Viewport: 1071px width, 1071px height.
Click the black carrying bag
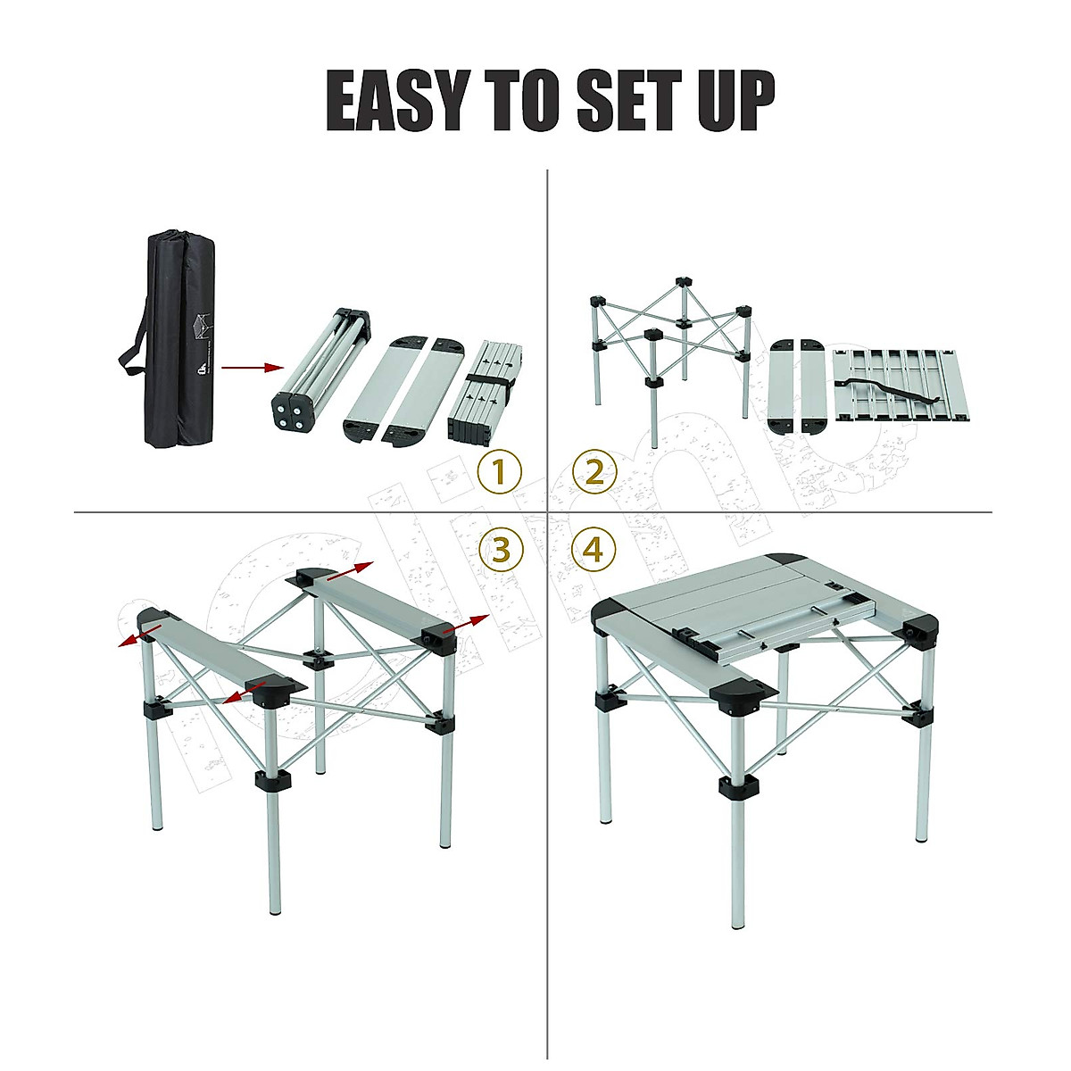tap(180, 339)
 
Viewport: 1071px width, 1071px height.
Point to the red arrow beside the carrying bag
tap(252, 367)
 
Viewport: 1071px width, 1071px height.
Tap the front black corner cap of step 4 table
tap(737, 697)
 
